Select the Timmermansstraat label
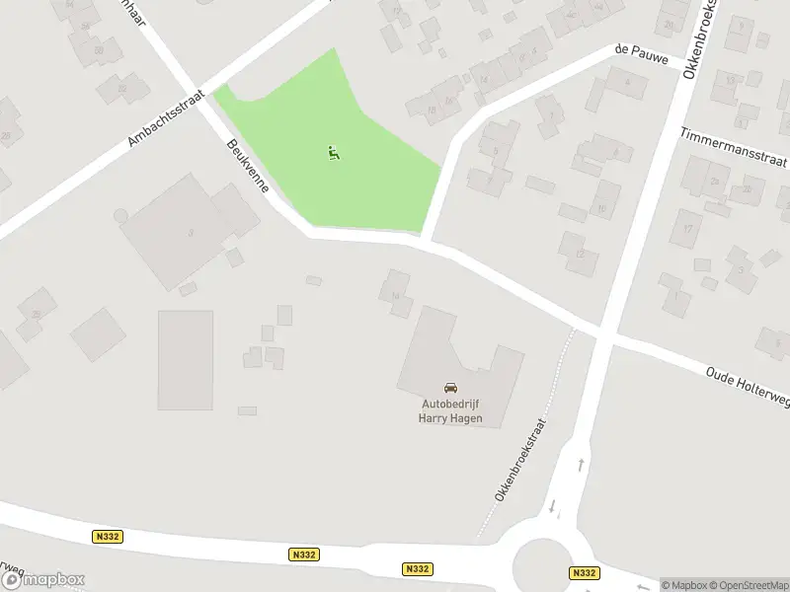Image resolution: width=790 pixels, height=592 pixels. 733,147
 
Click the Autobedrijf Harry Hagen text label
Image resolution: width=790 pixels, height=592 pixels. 450,410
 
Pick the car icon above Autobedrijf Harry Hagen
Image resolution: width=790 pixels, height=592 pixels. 450,389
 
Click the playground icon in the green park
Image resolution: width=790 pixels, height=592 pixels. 334,153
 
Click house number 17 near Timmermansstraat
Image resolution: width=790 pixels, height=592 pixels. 687,228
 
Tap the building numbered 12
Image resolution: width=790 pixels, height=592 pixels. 580,254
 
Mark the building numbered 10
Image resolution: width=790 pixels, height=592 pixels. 601,208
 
